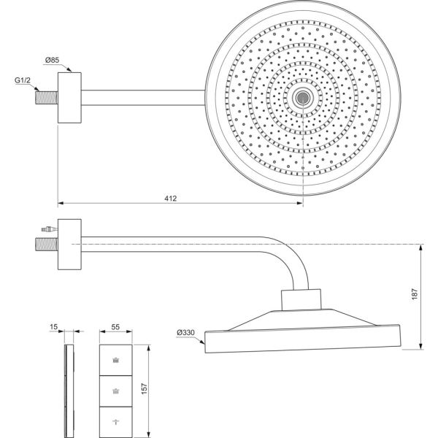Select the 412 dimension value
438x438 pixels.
[x=171, y=199]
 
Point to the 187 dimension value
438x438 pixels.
[x=415, y=293]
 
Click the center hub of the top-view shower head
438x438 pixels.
[x=302, y=96]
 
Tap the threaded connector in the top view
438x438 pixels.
[x=47, y=96]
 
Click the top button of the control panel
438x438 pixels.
[x=117, y=359]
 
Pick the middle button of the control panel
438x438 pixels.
[x=117, y=391]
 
